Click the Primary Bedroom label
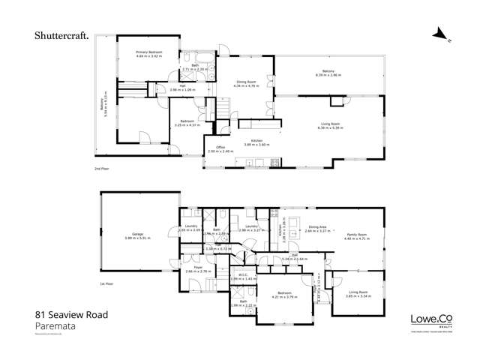point(149,53)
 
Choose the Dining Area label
point(317,228)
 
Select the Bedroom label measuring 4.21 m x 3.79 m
point(284,294)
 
